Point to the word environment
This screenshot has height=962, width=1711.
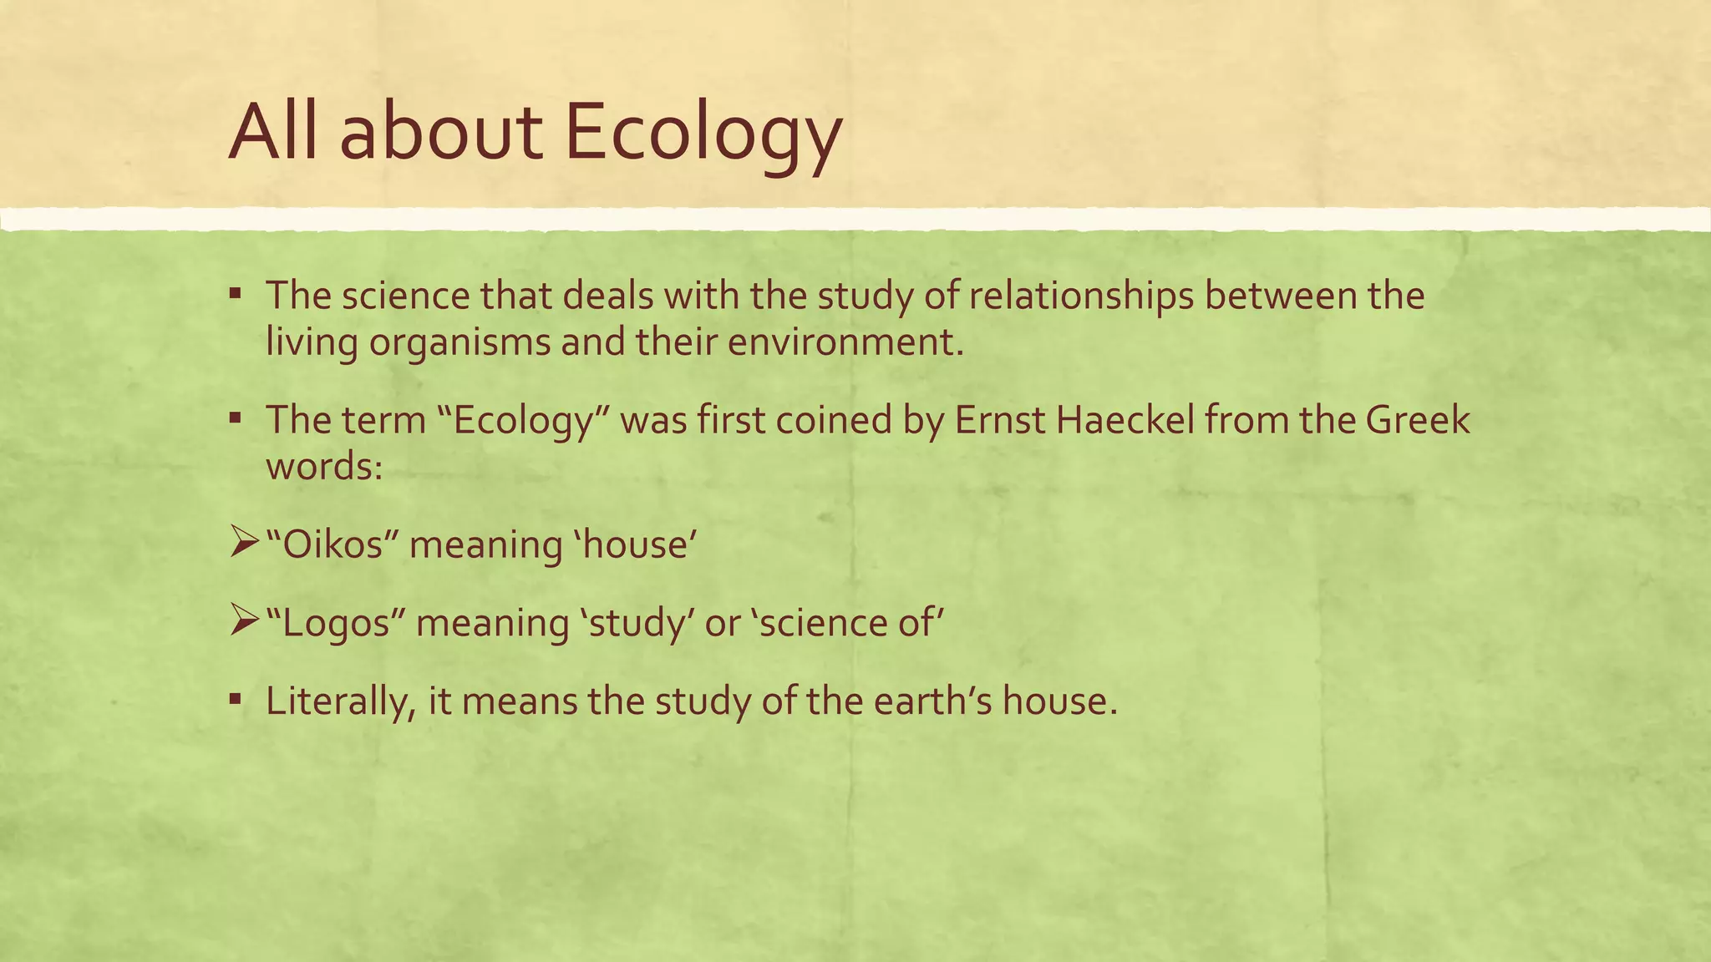pos(845,342)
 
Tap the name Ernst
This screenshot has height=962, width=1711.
pos(999,420)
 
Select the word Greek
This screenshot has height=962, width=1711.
pos(1418,420)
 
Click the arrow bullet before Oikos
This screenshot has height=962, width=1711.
pos(245,545)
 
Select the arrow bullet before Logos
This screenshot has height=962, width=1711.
pos(245,623)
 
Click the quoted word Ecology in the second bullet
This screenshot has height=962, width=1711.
pos(522,421)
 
